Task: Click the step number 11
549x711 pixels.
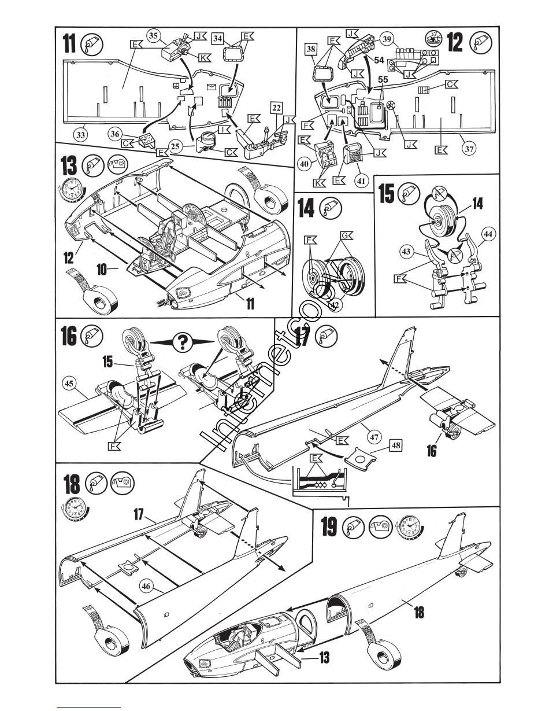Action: tap(69, 43)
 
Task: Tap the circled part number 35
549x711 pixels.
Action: tap(153, 36)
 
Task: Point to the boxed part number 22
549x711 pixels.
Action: tap(277, 108)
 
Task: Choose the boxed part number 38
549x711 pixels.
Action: tap(311, 51)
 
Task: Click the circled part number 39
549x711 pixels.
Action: tap(387, 39)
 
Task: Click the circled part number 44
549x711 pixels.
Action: tap(489, 234)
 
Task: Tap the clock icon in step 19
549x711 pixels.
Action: tap(409, 527)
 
